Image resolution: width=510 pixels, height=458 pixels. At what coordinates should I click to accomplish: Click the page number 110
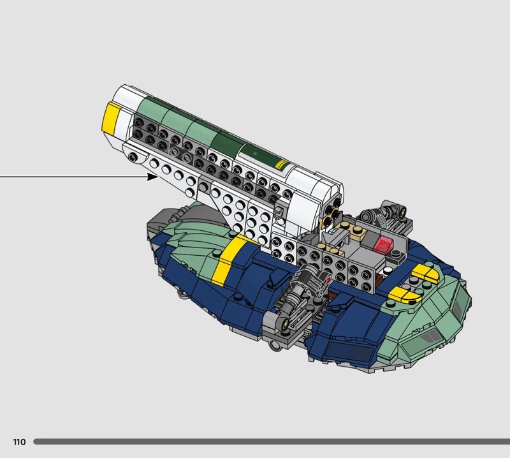tap(19, 441)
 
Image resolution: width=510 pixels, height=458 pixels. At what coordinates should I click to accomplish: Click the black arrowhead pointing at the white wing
tap(152, 177)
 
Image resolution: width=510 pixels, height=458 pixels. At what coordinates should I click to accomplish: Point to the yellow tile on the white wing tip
tap(111, 117)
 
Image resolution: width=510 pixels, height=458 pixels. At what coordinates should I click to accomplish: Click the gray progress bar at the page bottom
tap(272, 441)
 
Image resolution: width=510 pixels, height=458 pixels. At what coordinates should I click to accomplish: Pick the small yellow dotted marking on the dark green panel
tap(281, 164)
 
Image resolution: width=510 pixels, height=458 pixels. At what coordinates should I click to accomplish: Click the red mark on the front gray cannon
tap(329, 279)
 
